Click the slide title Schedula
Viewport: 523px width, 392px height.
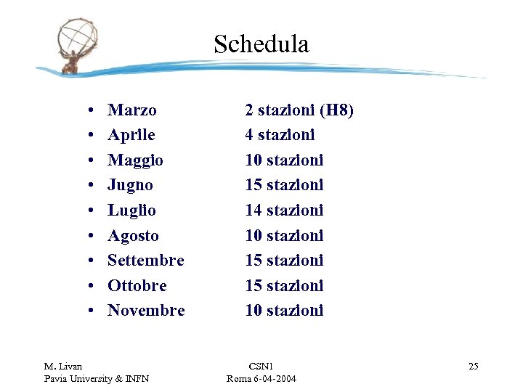point(261,44)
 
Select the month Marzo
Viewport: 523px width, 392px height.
point(131,110)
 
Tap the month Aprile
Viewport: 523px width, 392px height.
point(131,135)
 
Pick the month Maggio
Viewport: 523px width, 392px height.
point(135,160)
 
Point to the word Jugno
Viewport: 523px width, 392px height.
point(130,185)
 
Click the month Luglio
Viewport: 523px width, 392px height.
point(131,211)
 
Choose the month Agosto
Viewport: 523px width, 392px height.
point(133,236)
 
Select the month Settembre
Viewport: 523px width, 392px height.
point(145,260)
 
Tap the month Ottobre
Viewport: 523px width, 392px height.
point(137,285)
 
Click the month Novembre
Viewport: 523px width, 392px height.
point(146,310)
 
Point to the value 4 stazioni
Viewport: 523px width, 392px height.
point(280,135)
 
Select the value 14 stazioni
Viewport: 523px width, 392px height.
point(284,211)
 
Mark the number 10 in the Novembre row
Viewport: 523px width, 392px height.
point(254,310)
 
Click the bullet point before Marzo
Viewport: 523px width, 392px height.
point(87,111)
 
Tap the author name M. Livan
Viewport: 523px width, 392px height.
point(63,366)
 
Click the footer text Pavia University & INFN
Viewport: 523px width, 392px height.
point(97,379)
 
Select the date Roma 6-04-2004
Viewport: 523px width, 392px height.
point(261,379)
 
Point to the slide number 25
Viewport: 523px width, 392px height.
point(473,366)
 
